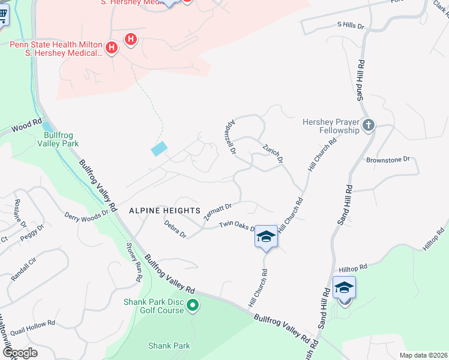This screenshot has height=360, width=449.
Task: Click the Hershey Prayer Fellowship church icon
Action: click(369, 125)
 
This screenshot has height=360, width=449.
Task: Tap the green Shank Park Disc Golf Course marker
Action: click(193, 306)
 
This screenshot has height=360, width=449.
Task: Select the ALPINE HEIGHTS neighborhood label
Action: click(164, 211)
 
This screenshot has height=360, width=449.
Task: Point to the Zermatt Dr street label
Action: click(218, 211)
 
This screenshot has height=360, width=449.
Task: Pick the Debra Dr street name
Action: click(175, 229)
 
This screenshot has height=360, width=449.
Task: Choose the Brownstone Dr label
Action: click(388, 160)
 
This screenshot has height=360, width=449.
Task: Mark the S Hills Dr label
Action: click(351, 25)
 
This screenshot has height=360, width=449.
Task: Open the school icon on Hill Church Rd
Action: click(266, 238)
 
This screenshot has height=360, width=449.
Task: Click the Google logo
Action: click(20, 352)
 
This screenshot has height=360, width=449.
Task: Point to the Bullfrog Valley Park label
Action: click(58, 139)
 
